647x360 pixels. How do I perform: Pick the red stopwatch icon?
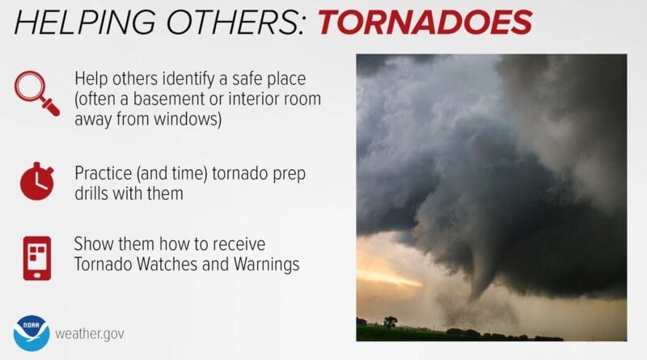coord(36,181)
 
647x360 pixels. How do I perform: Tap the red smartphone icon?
coord(36,257)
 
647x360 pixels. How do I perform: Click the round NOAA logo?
coord(31,332)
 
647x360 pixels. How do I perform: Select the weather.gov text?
coord(90,333)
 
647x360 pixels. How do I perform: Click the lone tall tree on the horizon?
coord(391,321)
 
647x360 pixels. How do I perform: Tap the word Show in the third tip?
coord(91,244)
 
